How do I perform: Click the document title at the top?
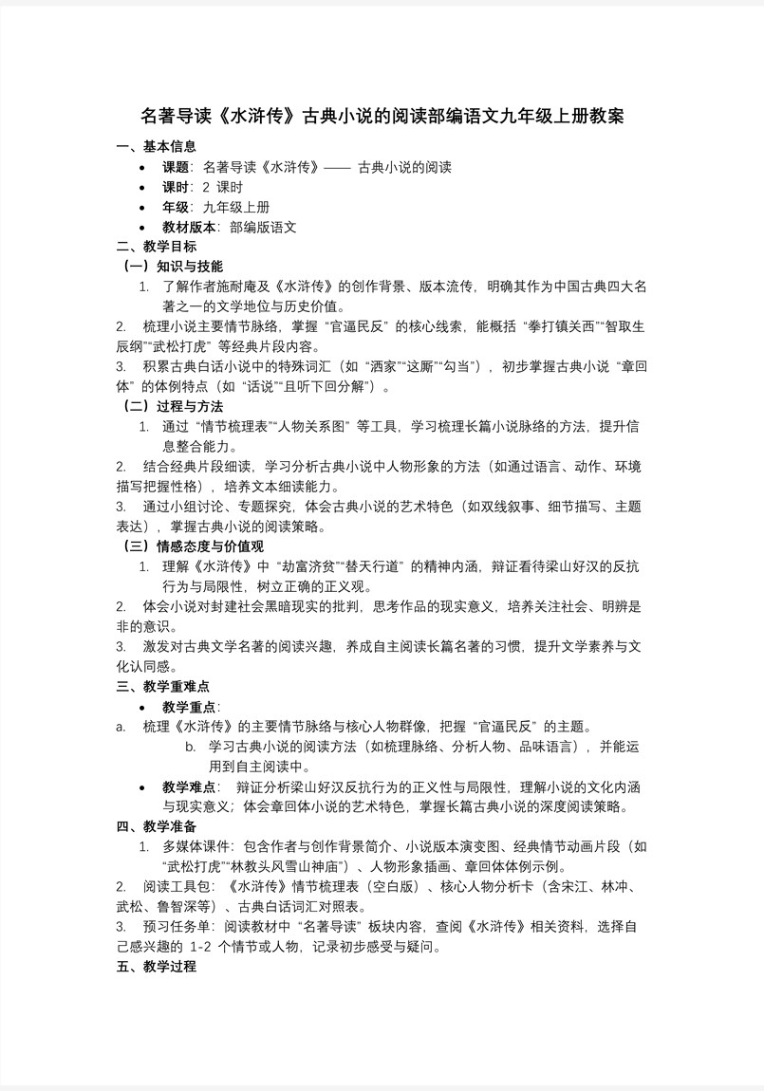[382, 117]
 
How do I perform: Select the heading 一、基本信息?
[156, 146]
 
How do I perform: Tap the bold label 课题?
[177, 167]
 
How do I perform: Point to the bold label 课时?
[177, 187]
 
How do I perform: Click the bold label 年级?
[177, 207]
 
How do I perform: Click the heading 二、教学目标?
[156, 246]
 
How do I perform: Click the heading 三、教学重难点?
[162, 686]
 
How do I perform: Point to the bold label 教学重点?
[190, 707]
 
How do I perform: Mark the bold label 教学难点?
[190, 786]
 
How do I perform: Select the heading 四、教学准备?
[156, 826]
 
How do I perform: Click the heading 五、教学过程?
[156, 967]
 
